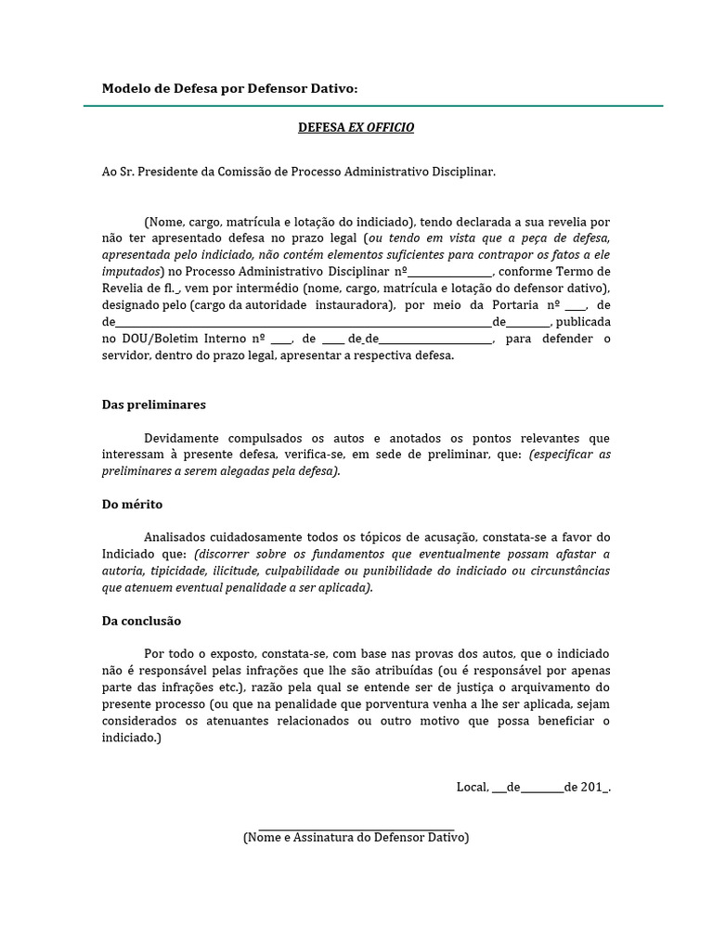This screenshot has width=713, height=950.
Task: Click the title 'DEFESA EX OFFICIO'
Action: click(x=356, y=127)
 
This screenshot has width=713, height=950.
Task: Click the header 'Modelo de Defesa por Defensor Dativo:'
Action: click(x=228, y=88)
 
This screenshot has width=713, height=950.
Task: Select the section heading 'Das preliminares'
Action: click(x=153, y=404)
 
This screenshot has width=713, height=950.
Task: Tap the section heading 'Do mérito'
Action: click(x=132, y=505)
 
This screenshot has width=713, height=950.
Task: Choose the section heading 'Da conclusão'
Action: click(x=141, y=621)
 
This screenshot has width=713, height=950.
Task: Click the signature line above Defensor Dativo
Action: click(x=356, y=829)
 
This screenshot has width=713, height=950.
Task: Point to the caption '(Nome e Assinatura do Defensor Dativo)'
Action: click(x=356, y=837)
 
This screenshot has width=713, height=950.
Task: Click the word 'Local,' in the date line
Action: click(x=473, y=787)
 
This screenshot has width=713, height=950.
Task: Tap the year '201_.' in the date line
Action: click(x=595, y=787)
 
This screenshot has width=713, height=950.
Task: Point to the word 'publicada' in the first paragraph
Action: click(x=582, y=322)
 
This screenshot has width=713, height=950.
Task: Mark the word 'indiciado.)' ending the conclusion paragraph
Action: click(x=131, y=738)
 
